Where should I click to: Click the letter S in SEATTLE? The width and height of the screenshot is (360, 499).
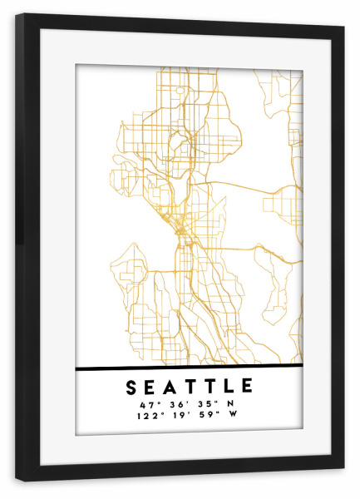[132, 388]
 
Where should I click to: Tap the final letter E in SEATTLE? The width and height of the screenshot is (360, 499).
[246, 388]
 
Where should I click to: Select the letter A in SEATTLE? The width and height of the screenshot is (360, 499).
[170, 388]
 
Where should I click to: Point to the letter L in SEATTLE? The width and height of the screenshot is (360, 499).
[227, 388]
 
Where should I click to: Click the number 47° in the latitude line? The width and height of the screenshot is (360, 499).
[137, 403]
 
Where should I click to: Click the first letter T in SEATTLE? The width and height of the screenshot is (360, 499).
[190, 388]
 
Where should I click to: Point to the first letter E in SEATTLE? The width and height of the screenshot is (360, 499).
[151, 388]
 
